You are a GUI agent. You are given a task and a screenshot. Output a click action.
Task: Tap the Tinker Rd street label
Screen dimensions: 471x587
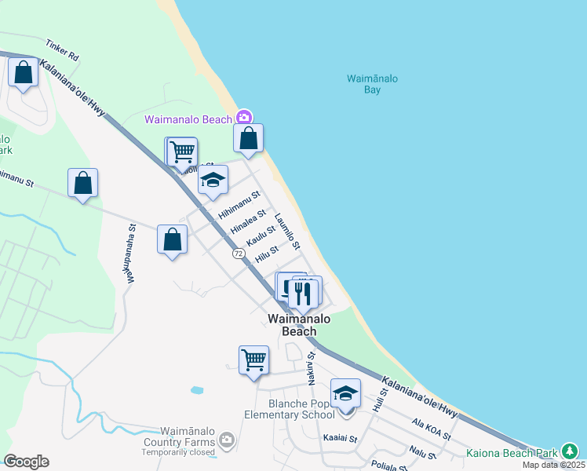[x=64, y=51]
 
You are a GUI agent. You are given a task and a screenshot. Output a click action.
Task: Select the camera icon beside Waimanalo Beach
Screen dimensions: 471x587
[x=243, y=118]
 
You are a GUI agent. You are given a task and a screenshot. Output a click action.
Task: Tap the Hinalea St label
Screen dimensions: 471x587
[x=249, y=221]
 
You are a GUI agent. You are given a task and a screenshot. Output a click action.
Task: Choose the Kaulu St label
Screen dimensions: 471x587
[x=261, y=235]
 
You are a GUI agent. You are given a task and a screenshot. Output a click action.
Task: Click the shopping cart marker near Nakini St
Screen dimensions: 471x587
[x=253, y=360]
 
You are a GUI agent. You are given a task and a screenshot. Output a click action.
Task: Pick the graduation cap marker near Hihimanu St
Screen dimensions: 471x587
[x=212, y=181]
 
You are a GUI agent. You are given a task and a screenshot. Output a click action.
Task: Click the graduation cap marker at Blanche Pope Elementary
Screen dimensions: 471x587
[x=345, y=393]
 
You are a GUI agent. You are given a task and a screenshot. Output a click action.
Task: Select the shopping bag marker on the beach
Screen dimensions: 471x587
[x=248, y=139]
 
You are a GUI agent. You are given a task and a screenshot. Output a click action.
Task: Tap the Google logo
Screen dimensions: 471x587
[x=26, y=462]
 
